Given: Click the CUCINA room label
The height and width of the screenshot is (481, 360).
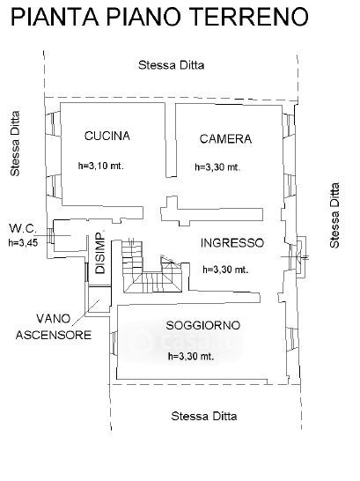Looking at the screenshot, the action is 107,136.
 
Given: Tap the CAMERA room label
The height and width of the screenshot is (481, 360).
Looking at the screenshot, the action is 225,139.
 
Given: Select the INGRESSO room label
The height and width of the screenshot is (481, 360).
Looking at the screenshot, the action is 232,243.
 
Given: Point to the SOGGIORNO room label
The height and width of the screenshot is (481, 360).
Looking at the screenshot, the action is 202,325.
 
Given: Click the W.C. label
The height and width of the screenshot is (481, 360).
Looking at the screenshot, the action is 23,228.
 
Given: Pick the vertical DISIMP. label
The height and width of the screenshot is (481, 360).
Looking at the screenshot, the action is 100,252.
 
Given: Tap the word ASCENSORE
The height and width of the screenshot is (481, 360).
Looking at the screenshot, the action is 54,335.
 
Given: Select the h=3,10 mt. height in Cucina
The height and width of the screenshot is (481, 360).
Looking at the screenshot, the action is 101,166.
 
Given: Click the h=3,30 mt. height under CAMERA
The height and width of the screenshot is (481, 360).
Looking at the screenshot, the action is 217,167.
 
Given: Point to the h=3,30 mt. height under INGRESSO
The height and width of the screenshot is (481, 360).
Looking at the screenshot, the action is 225,270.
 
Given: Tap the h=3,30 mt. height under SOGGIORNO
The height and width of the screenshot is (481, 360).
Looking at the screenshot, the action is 191,356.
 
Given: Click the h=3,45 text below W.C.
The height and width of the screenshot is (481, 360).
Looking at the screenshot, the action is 23,242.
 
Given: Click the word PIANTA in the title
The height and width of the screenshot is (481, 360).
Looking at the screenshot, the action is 55,18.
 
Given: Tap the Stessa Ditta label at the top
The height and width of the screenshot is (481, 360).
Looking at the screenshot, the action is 172,65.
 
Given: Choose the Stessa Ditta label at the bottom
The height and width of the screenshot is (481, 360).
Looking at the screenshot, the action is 204,417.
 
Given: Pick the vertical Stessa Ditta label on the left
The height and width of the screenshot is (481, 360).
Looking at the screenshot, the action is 15,144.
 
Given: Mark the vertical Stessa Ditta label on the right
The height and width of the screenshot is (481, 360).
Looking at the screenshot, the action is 334,215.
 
